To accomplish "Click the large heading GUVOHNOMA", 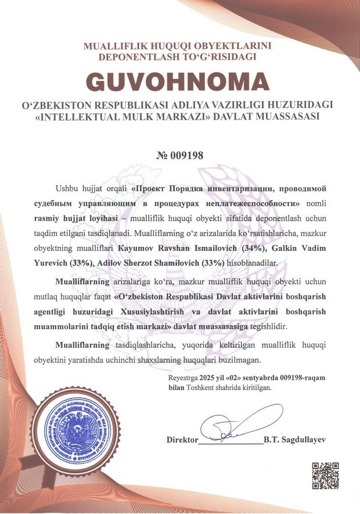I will (179, 82).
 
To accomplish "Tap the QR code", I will (326, 476).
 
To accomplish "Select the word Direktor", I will (182, 440).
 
